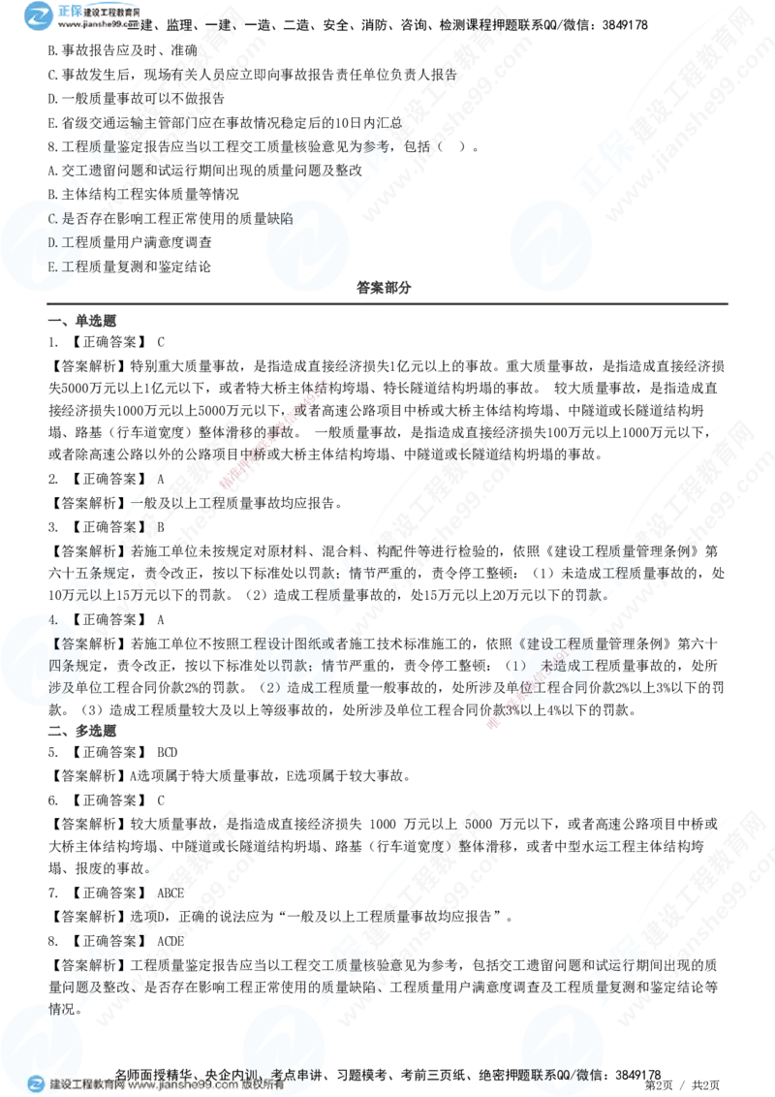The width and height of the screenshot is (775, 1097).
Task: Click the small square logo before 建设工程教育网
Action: click(36, 1084)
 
